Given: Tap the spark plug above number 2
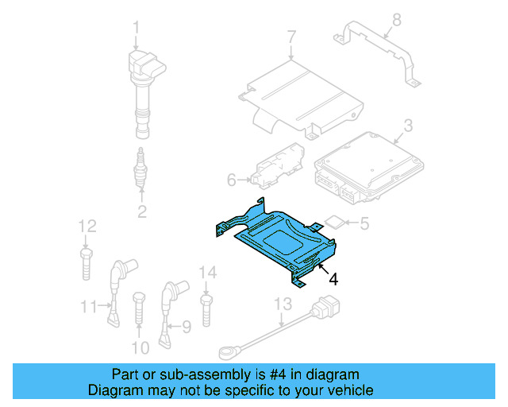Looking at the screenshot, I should pos(141,169).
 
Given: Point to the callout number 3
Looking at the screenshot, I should pos(407,125).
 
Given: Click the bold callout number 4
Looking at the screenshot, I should pos(333,278).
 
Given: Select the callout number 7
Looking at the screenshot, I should pos(291,37).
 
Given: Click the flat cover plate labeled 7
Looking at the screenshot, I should pos(302,95).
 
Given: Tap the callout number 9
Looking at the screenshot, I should pos(187,326).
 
